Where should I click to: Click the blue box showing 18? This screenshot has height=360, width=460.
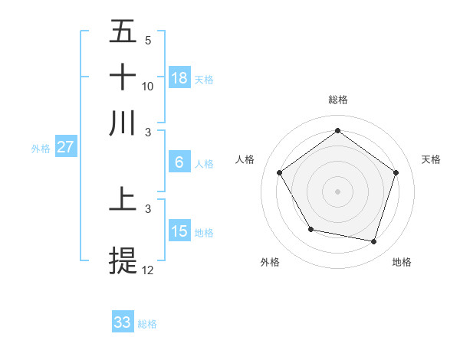[x=179, y=77]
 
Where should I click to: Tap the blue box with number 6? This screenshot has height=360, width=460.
[x=179, y=162]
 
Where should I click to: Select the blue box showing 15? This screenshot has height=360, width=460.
[x=179, y=231]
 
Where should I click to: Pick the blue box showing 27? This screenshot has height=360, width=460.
[x=66, y=147]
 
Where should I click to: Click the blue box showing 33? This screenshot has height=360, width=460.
[x=123, y=322]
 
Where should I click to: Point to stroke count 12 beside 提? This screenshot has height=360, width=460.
[x=148, y=270]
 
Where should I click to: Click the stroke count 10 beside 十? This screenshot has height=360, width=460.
[x=148, y=86]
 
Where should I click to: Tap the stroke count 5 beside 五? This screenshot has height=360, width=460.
[x=148, y=40]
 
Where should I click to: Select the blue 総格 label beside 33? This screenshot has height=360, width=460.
[x=147, y=324]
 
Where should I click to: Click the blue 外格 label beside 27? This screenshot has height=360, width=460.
[x=41, y=149]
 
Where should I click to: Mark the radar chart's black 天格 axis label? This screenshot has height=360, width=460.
[x=432, y=159]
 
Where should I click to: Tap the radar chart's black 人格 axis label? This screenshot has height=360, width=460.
[x=245, y=159]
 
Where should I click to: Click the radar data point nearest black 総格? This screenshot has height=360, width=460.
[x=337, y=130]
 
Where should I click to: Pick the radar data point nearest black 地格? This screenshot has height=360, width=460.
[x=373, y=241]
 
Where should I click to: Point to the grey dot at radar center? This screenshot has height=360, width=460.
[x=337, y=191]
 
